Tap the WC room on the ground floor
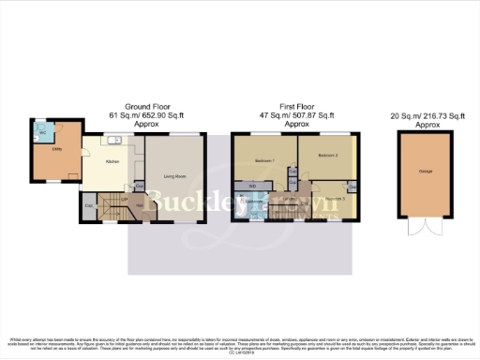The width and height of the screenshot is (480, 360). [42, 132]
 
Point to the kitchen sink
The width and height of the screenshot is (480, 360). [112, 142]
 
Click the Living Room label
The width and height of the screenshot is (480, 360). [174, 176]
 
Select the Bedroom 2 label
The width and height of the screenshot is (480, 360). [328, 155]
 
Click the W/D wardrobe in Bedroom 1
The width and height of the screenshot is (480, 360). [253, 186]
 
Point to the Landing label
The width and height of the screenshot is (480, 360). [291, 200]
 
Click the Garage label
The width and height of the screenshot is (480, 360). [424, 172]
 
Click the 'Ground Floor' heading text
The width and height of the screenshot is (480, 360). [146, 108]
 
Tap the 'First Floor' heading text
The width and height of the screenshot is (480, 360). [296, 108]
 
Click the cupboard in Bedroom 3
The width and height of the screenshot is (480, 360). [352, 184]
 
